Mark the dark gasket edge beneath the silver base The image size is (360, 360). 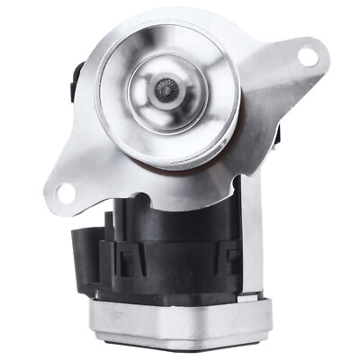tap(180, 346)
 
